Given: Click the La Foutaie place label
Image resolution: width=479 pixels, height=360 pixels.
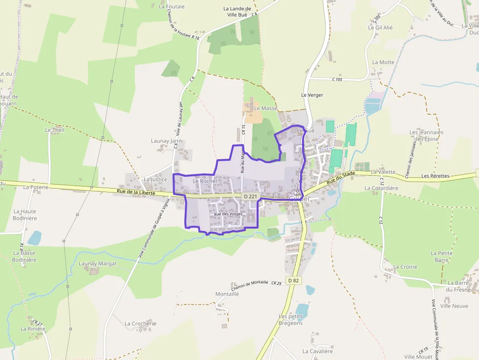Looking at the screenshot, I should click(172, 6).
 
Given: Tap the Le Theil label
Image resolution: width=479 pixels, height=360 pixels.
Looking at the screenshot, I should click(54, 130).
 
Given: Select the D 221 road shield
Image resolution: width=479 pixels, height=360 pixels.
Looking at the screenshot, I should click(250, 196).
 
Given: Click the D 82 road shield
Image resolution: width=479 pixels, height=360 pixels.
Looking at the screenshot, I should click(293, 280).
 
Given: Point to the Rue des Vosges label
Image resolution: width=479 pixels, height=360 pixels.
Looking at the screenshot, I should click(228, 214).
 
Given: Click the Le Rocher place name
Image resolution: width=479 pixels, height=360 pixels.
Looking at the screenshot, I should click(205, 181).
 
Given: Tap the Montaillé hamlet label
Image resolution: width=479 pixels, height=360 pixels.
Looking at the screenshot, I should click(227, 294).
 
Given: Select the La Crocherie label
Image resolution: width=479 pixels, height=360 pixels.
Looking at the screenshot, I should click(140, 323).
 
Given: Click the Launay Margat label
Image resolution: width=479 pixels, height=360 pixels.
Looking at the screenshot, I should click(98, 263).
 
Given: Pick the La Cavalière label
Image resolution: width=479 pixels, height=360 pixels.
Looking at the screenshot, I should click(317, 351).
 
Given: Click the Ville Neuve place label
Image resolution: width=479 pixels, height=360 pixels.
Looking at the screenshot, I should click(454, 306).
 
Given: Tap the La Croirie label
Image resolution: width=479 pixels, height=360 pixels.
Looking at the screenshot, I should click(405, 267).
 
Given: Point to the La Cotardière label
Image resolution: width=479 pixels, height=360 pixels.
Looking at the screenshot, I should click(381, 188).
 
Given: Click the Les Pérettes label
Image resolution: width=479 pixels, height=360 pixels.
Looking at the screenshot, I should click(435, 176).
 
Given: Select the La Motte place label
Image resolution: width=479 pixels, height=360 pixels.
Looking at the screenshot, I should click(383, 62).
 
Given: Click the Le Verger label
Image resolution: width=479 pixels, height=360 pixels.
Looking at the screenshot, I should click(312, 95).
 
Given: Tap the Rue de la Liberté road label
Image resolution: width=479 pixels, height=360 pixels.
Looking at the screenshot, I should click(136, 192).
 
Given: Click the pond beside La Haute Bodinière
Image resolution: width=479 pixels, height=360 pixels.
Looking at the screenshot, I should click(34, 238).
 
